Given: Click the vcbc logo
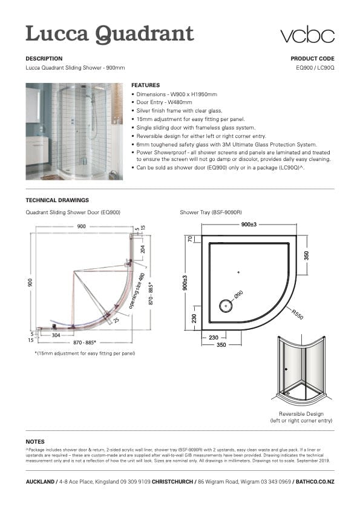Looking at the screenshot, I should click(307, 34).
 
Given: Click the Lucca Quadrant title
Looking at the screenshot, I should click(110, 33).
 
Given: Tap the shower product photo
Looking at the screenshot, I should click(74, 131).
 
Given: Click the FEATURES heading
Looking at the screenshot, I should click(145, 85).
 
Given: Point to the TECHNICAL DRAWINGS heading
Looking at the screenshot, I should click(57, 200).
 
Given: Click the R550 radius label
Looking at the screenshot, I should click(297, 314).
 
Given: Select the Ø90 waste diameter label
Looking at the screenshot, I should click(238, 295).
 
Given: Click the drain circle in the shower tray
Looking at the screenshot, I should click(226, 306).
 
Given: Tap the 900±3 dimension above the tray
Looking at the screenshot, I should click(249, 224).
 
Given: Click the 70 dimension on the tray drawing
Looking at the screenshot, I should click(189, 238).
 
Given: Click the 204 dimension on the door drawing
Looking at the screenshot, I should click(142, 248).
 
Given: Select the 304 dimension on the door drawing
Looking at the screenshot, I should click(56, 334).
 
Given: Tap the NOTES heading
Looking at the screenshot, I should click(35, 441).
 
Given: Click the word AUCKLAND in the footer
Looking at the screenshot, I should click(40, 481).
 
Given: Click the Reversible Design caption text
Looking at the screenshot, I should click(301, 416).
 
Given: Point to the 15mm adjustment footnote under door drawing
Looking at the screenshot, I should click(85, 353).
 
